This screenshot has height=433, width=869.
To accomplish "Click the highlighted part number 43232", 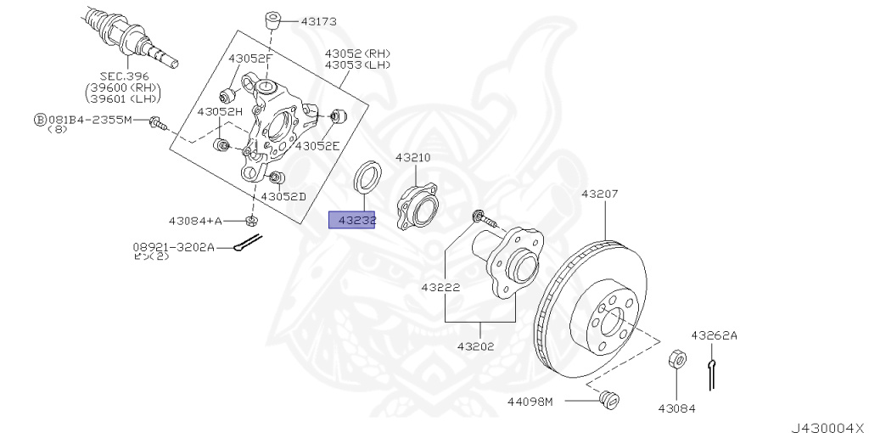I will click(352, 221).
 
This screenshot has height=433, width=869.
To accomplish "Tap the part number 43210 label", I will click(412, 158).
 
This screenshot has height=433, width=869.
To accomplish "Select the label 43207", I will click(600, 194).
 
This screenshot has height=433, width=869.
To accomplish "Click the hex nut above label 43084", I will click(677, 360).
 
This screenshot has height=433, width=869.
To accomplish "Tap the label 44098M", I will click(530, 401).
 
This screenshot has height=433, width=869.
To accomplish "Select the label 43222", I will click(440, 287).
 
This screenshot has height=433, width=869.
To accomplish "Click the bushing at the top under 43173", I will click(272, 20).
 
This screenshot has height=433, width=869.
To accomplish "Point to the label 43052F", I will click(249, 58).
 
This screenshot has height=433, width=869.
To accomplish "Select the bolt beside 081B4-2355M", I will click(157, 124).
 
